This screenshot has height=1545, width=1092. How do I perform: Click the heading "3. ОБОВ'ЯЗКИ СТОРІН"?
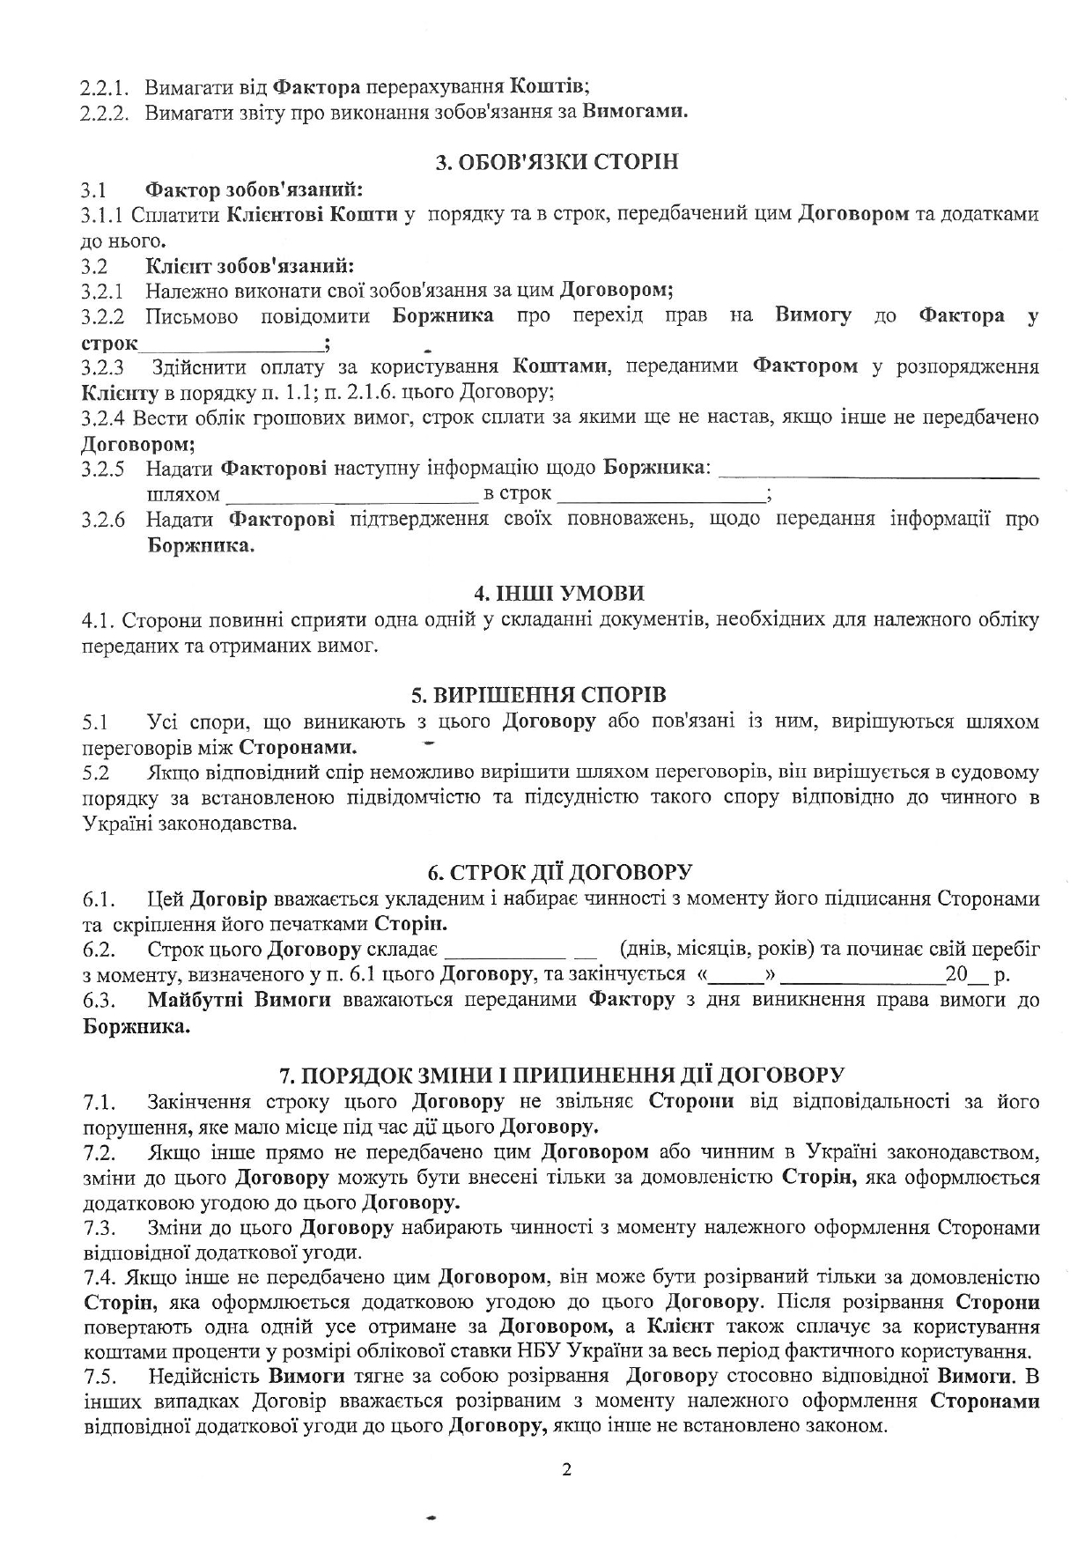[x=558, y=163]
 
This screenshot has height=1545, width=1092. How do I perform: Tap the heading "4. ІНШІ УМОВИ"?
[x=558, y=593]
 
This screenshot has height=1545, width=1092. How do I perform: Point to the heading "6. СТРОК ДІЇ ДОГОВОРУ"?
[x=559, y=872]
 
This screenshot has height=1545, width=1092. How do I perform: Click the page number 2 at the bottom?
[x=566, y=1469]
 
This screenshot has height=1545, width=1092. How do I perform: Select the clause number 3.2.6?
[x=103, y=520]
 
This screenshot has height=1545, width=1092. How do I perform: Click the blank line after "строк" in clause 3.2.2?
[x=231, y=345]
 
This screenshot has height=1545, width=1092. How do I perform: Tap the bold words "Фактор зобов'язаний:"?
[x=255, y=189]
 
